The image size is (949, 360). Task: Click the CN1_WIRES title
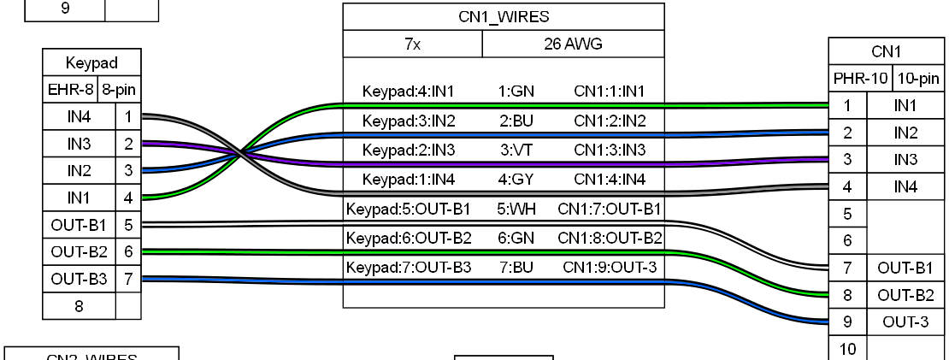click(x=504, y=17)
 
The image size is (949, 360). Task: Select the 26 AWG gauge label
click(x=573, y=44)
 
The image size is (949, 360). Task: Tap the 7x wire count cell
click(x=412, y=44)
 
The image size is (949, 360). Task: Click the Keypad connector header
click(x=91, y=62)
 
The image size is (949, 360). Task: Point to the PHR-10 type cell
click(x=861, y=79)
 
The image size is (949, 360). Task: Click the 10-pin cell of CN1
click(x=917, y=79)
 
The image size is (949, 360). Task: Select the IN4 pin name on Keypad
click(x=79, y=115)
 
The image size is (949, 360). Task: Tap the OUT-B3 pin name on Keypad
click(x=79, y=279)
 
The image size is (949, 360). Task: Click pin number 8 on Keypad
click(x=79, y=306)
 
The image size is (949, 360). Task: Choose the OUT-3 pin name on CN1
click(x=905, y=322)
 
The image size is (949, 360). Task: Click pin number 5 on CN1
click(x=848, y=212)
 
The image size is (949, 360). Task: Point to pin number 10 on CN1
click(x=848, y=349)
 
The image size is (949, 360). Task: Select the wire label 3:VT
click(x=515, y=150)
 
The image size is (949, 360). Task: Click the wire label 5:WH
click(x=515, y=209)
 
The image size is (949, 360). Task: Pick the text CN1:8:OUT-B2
click(x=609, y=238)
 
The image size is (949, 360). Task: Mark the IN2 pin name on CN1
click(x=905, y=133)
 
